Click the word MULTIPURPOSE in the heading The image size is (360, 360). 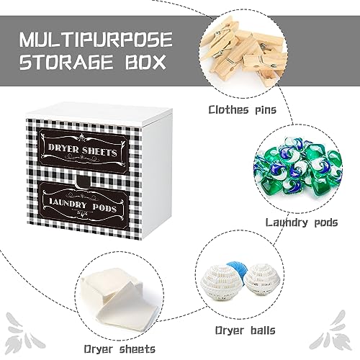coord(96,39)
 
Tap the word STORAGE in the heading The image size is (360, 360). coord(66,62)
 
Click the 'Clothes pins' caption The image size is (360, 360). coord(243,110)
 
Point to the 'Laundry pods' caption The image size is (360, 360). coord(302,222)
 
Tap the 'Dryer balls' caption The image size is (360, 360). coord(245,330)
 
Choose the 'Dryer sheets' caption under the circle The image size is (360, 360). coord(120,348)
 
